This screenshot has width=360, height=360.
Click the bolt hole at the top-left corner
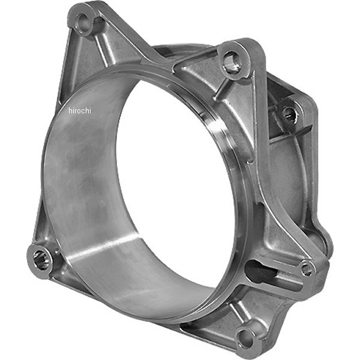pos(85,25)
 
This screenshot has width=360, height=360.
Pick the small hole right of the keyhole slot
pos(307,269)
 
